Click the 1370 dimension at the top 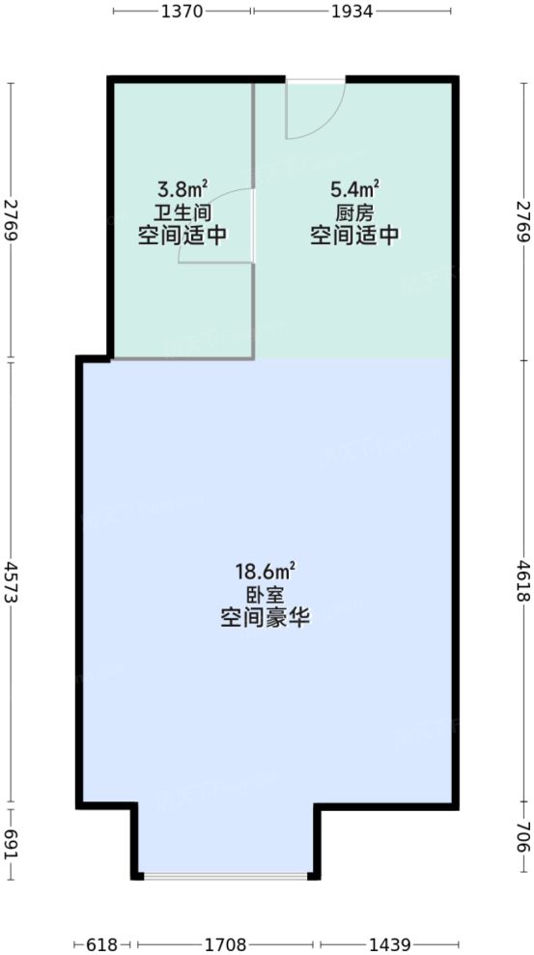(183, 13)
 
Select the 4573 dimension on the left (12, 582)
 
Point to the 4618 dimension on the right (522, 582)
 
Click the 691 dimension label (12, 840)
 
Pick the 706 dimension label (522, 840)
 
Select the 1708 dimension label (228, 943)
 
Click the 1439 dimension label (389, 943)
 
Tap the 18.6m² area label (265, 574)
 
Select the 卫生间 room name (183, 211)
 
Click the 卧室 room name (265, 597)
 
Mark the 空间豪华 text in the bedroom (265, 620)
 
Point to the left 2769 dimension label (12, 221)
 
